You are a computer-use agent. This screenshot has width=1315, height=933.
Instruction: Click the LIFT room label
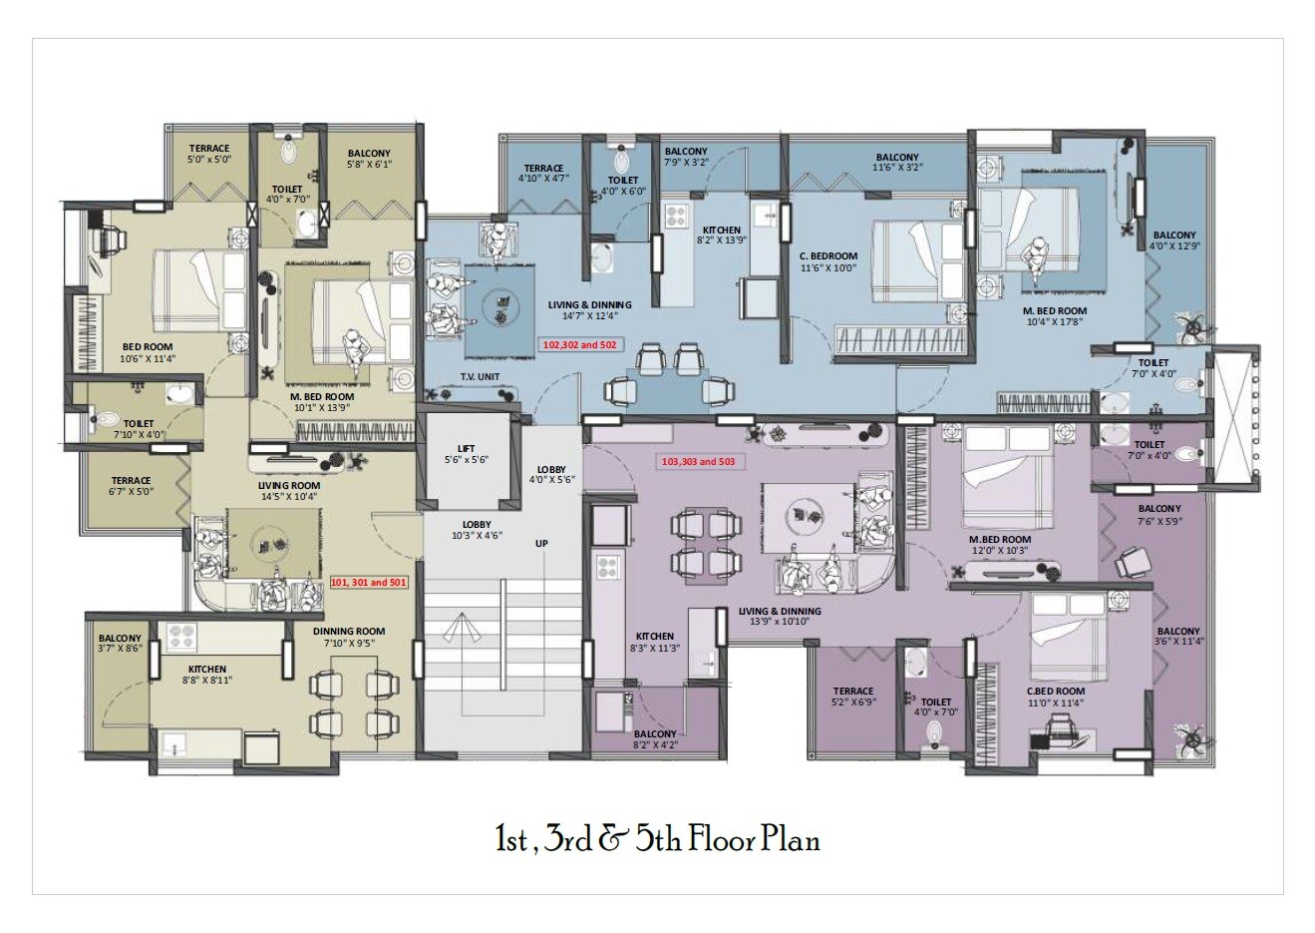point(467,448)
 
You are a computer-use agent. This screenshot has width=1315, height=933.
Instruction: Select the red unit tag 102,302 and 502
point(581,343)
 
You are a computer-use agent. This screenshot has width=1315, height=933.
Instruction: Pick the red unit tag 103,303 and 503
point(698,462)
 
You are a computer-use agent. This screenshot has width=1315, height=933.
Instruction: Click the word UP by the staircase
point(541,544)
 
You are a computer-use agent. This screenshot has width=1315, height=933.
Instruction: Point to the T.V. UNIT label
point(480,376)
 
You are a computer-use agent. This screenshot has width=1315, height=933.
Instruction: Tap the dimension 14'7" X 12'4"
point(590,316)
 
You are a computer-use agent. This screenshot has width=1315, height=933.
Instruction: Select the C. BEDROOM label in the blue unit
point(828,255)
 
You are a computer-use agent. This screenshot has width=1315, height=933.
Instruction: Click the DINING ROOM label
point(349,632)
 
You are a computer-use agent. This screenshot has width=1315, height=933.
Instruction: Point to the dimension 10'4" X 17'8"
point(1055,322)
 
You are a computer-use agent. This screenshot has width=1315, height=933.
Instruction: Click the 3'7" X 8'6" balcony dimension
point(120,650)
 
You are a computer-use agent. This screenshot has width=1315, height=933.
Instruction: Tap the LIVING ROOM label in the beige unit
point(288,486)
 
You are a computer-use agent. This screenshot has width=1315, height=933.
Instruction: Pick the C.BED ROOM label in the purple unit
point(1056,691)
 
